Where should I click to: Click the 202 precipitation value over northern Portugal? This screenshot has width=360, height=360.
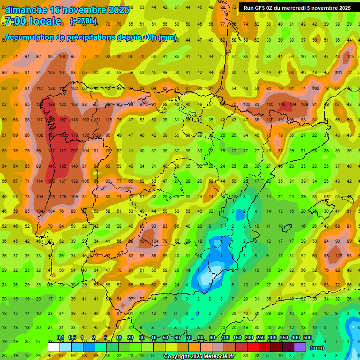(x=74, y=150)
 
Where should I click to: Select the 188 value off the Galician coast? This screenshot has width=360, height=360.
(x=52, y=104)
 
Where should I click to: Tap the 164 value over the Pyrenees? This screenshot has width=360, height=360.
(x=293, y=104)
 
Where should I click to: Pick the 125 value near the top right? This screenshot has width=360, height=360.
(x=351, y=57)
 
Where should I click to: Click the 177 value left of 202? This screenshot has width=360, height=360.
(x=63, y=150)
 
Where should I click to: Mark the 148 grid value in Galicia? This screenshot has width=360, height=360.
(x=74, y=120)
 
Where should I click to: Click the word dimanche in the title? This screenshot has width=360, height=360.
(x=26, y=10)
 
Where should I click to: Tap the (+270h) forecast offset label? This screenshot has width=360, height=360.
(x=83, y=21)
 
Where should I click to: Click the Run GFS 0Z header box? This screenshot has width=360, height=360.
(x=297, y=8)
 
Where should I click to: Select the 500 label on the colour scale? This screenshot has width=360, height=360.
(x=307, y=338)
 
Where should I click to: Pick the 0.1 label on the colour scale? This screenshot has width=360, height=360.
(x=60, y=338)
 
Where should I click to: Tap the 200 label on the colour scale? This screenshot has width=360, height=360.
(x=248, y=338)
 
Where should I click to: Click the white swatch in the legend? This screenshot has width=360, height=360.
(x=54, y=347)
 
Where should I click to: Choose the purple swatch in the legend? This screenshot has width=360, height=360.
(x=300, y=347)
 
